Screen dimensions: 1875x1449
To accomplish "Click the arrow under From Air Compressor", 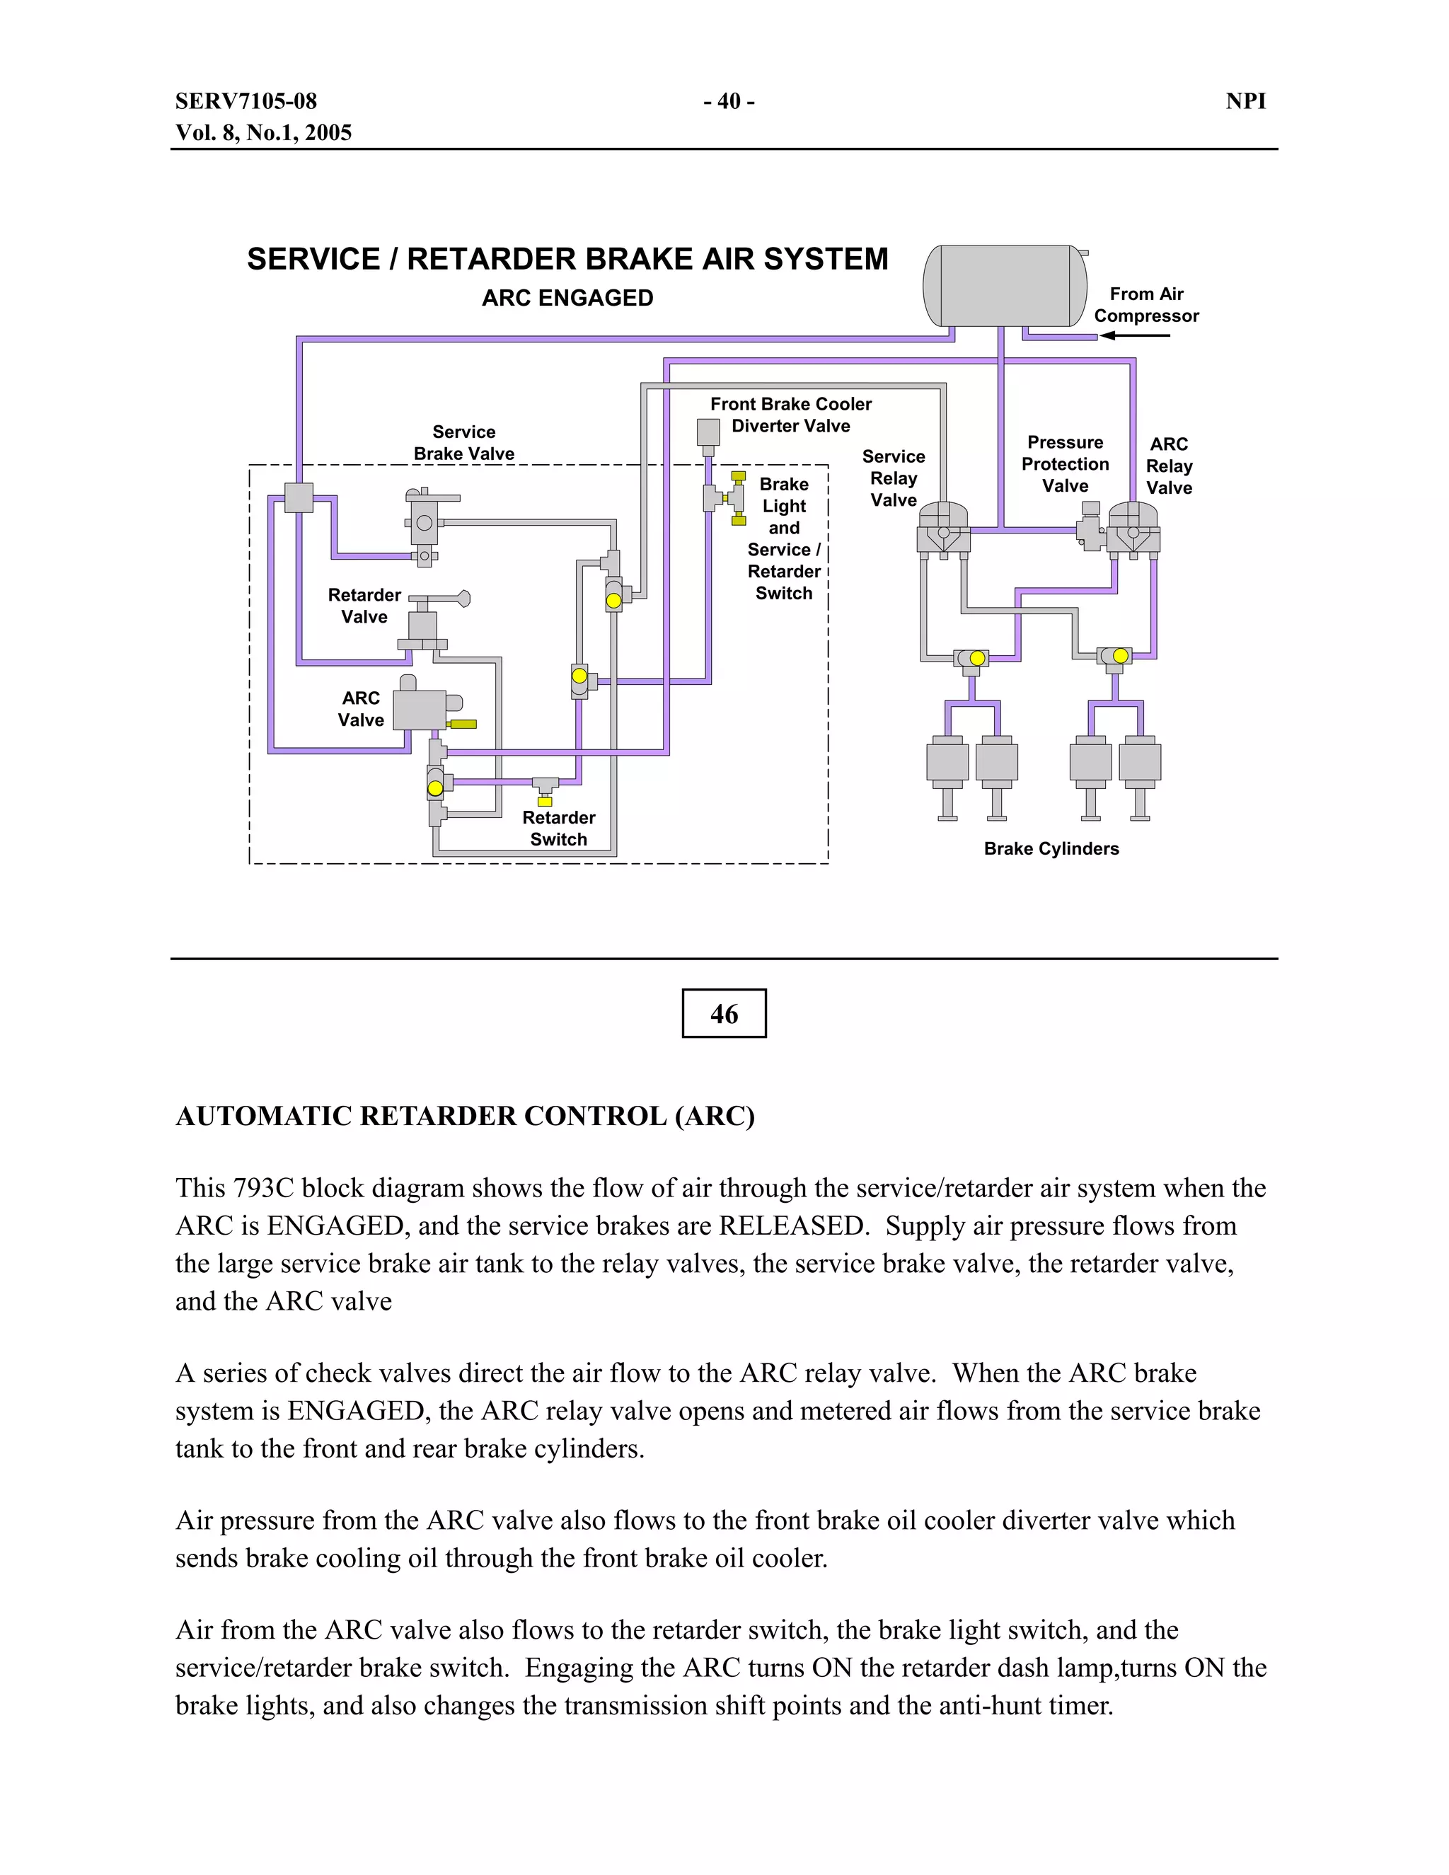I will point(1135,335).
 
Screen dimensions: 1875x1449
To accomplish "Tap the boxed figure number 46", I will point(724,1013).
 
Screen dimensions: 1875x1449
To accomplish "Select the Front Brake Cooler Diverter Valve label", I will point(790,415).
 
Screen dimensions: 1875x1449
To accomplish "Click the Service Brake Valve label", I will point(463,442).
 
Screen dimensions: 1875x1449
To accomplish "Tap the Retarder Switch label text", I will point(558,828).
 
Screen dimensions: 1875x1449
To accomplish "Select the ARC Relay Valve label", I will point(1168,466).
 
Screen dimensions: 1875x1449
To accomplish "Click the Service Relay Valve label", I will point(893,478).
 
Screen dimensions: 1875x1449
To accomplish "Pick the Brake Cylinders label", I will point(1051,848).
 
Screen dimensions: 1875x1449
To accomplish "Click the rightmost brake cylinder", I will point(1140,762).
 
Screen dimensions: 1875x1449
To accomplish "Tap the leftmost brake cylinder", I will point(947,762).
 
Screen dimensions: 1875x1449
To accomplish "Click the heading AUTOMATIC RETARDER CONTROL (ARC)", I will point(464,1115).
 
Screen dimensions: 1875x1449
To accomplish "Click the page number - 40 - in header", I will point(728,101).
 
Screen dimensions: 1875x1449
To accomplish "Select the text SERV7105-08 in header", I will point(246,101).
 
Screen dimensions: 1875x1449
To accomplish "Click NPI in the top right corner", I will point(1245,101).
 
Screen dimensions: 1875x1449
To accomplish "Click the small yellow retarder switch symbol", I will point(544,801).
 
